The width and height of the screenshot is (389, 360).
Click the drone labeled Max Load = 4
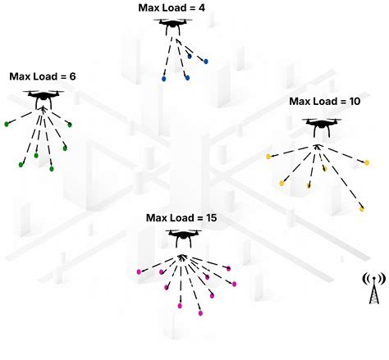click(x=172, y=26)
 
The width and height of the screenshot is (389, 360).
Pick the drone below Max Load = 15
click(x=181, y=237)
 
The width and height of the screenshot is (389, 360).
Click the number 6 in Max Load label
click(x=72, y=76)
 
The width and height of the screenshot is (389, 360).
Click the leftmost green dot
click(x=7, y=124)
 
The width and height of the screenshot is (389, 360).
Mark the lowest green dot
click(x=52, y=169)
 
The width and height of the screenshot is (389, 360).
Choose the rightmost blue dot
click(x=205, y=61)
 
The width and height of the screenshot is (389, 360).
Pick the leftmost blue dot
click(x=165, y=80)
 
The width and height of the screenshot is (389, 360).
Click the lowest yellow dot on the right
click(x=361, y=209)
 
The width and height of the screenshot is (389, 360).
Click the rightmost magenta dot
click(x=235, y=284)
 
